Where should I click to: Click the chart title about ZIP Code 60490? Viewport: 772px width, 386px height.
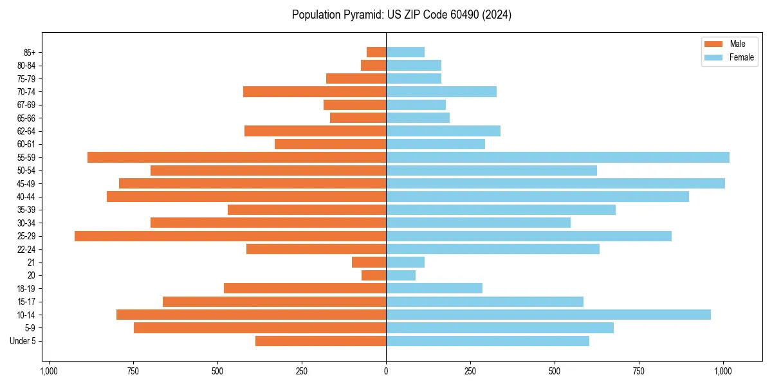coord(401,15)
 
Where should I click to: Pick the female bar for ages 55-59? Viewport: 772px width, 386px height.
coord(557,157)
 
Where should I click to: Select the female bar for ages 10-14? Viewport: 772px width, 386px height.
coord(548,315)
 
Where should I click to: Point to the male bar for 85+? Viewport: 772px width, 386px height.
coord(376,52)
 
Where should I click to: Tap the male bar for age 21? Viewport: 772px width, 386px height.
coord(369,262)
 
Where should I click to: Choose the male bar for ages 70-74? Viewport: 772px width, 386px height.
coord(315,91)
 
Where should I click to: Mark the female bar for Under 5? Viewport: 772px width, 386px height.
coord(487,341)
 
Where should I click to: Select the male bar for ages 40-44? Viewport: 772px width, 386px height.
coord(246,196)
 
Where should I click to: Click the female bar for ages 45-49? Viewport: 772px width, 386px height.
coord(555,183)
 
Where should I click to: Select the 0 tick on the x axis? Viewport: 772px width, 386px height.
coord(386,371)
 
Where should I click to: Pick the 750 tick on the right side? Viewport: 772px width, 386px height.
coord(639,371)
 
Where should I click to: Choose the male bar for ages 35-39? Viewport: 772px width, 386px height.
coord(307,210)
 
